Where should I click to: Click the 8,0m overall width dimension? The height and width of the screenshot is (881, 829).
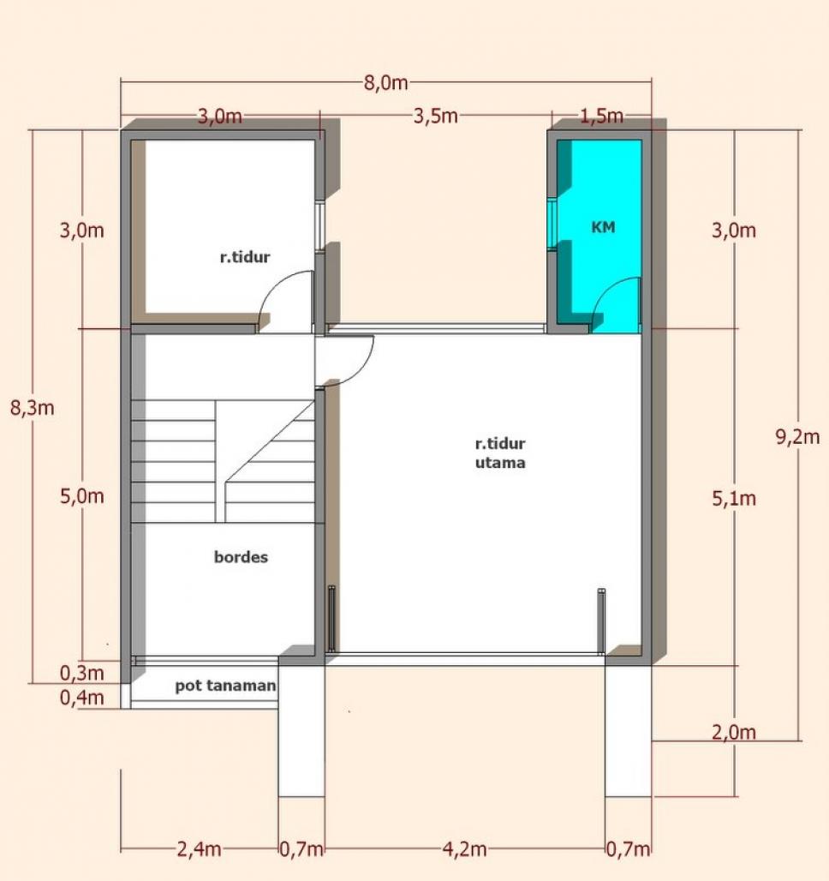pos(385,83)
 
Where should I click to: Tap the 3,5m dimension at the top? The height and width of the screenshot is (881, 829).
pos(435,117)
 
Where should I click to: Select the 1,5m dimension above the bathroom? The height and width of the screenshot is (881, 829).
pos(601,117)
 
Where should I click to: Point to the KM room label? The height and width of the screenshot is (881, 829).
pos(603,227)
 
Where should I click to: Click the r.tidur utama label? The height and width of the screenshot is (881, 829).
pos(500,452)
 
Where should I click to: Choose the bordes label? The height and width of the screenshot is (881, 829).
pos(241,557)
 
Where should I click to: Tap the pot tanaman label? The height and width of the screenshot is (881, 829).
pos(225,686)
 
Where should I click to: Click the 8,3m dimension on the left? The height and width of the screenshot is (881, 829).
pos(32,408)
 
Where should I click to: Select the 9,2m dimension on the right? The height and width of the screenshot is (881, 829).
pos(797,436)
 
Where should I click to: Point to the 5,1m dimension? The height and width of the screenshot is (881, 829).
pos(734,499)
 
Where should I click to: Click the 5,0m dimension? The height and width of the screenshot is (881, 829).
pos(82,496)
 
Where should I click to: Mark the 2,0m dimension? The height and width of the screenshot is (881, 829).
pos(734,732)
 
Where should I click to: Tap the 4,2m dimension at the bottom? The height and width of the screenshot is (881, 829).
pos(464,849)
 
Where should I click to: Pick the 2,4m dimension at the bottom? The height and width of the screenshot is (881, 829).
pos(199,849)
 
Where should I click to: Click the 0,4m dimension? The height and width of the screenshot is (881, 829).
pos(82,698)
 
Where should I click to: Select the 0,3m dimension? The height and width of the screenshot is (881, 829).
pos(82,673)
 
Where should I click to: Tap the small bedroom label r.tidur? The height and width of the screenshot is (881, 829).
pos(245,257)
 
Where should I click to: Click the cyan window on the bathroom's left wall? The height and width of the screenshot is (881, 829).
pos(552,223)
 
